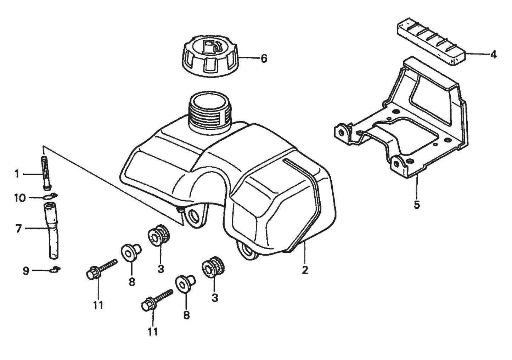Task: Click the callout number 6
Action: click(264, 58)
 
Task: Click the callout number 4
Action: click(493, 55)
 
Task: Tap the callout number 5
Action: click(417, 204)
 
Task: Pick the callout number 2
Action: click(305, 270)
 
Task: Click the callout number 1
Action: click(16, 174)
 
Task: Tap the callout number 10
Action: click(20, 197)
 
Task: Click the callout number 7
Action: click(18, 229)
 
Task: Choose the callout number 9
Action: click(26, 271)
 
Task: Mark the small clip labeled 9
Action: click(55, 270)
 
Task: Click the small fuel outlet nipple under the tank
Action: click(180, 210)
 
